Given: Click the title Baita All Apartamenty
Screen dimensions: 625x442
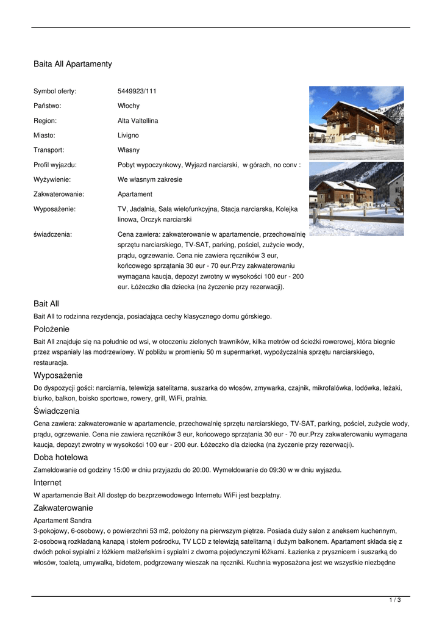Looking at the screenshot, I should coord(73,63).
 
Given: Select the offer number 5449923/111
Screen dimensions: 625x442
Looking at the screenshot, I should coord(137,92).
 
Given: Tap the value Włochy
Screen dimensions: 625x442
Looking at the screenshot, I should coord(129,106).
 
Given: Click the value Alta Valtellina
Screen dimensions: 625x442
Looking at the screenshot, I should coord(138,121).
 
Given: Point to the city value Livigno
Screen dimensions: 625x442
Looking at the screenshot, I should coord(128,135).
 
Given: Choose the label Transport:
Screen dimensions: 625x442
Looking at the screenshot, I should coord(49,150).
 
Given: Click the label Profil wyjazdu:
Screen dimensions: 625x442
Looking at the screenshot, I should coord(55,165).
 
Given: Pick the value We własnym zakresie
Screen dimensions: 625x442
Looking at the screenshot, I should coord(150,179).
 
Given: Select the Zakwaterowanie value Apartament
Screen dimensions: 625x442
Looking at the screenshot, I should coord(135,194).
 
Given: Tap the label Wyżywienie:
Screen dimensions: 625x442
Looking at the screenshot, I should coord(52,179).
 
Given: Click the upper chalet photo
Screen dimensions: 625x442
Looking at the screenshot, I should coord(356,123).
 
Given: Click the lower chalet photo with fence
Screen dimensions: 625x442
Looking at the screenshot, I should coord(356,198).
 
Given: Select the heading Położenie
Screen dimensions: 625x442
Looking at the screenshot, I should coord(52,330).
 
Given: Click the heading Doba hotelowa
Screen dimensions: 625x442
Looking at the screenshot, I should coord(60,457).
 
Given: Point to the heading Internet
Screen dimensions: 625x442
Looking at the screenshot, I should coord(47,483).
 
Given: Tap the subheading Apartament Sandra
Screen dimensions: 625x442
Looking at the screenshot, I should coord(62,521).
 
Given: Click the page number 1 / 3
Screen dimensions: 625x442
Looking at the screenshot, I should coord(395,601).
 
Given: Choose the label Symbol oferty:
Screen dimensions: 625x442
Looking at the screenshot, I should coord(55,92).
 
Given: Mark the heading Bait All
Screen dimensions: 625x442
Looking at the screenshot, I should coord(46,304).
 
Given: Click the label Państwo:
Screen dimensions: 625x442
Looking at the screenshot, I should coord(48,106).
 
